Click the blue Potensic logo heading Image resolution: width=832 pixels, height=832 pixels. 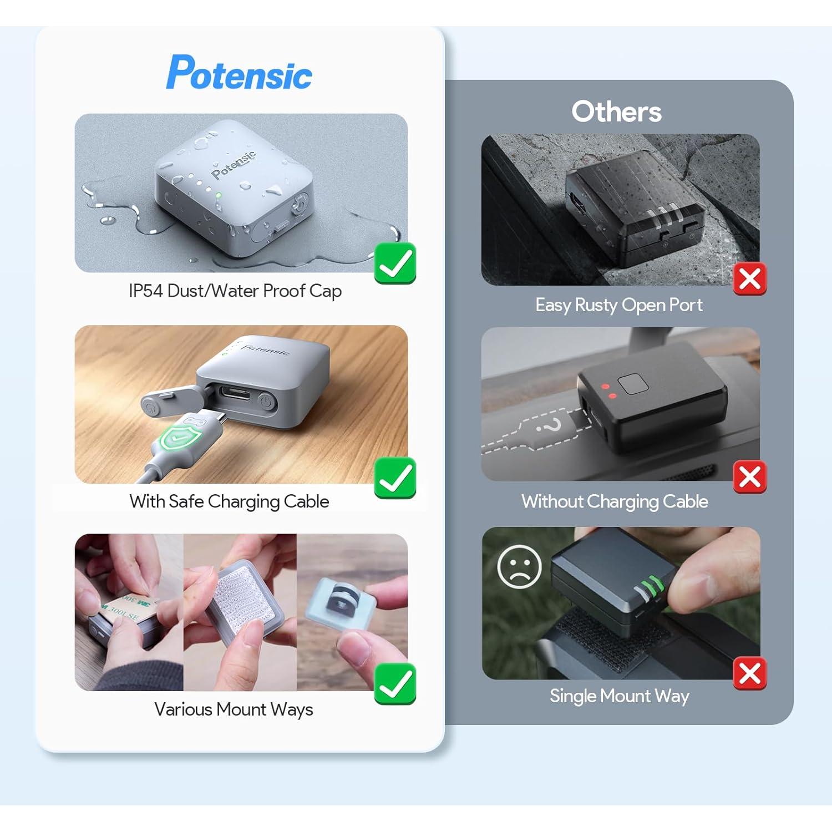coord(239,73)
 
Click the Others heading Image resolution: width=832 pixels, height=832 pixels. coord(616,112)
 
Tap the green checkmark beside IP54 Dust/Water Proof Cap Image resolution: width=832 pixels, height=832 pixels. coord(395,263)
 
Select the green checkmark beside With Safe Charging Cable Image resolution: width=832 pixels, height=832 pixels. coord(395,478)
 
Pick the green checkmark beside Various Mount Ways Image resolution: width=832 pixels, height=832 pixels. coord(395,683)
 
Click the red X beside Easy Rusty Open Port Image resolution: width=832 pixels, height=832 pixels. coord(749,279)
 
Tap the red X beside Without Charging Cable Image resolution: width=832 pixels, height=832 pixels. coord(749,476)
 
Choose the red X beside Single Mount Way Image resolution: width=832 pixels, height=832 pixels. coord(749,673)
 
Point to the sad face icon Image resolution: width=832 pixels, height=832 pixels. coord(519,566)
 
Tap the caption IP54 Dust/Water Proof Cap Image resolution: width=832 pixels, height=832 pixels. coord(235,291)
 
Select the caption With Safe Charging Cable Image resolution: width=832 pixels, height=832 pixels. coord(229,501)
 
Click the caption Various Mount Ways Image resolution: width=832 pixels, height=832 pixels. coord(234,709)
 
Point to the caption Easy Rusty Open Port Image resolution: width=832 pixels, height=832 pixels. coord(618,305)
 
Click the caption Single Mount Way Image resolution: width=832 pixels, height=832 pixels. coord(619,696)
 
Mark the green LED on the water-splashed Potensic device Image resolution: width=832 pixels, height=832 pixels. coord(219,195)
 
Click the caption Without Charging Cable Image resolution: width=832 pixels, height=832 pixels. coord(615,501)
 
